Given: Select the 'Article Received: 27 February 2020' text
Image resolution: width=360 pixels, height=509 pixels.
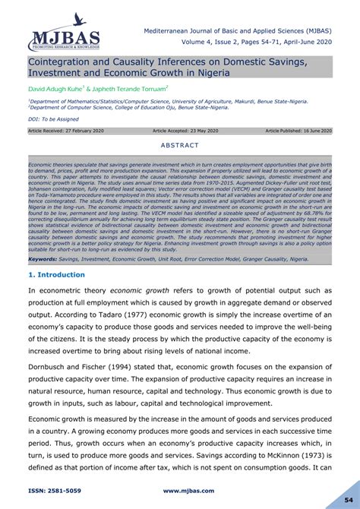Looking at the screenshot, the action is (66, 131).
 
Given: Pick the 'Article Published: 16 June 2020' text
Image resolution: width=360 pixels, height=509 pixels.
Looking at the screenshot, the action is (298, 131).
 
